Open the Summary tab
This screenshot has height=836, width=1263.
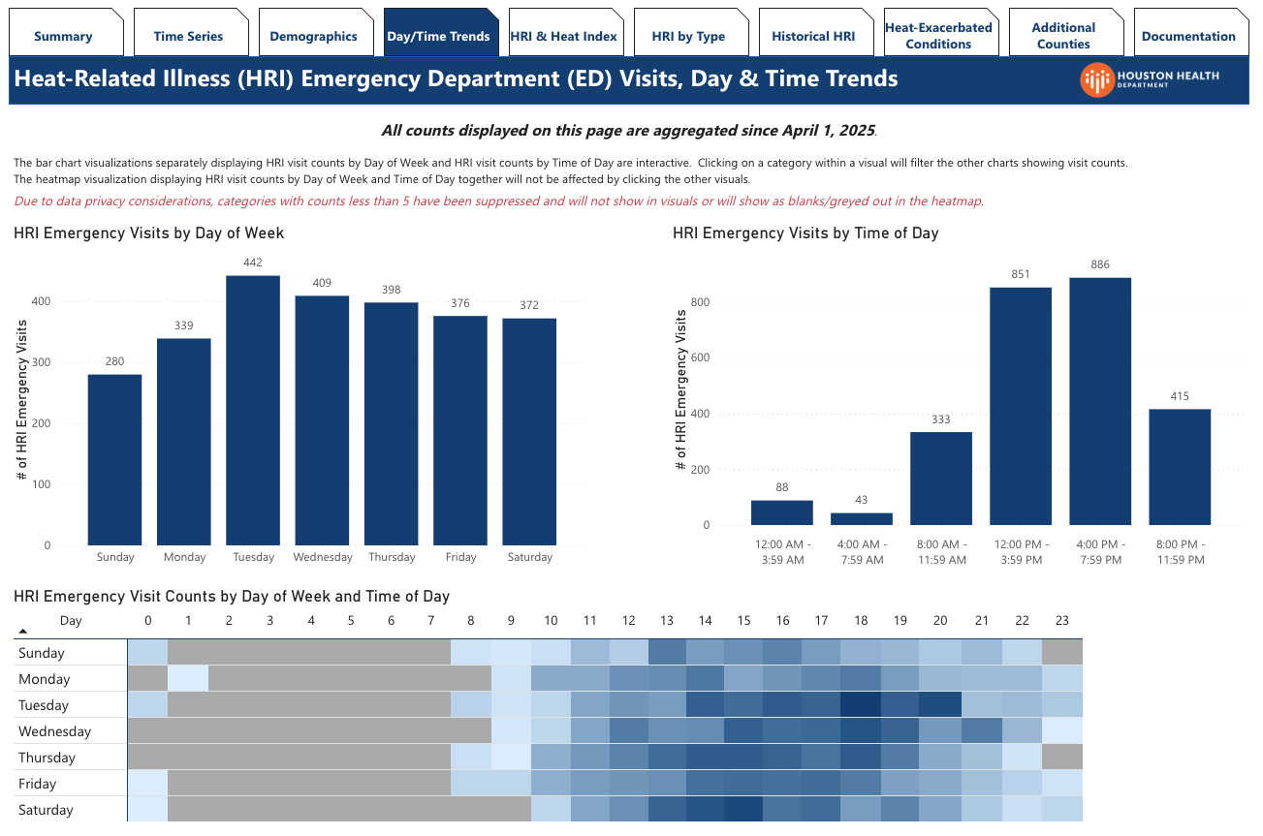click(x=64, y=36)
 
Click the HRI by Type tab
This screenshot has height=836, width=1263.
click(x=688, y=36)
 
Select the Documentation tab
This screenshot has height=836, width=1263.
click(x=1188, y=36)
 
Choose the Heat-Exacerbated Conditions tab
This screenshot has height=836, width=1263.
click(x=938, y=36)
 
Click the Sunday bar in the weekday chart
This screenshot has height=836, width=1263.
click(x=114, y=459)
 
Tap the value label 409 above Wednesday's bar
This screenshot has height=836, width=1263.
click(x=322, y=283)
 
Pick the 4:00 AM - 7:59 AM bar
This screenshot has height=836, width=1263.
click(x=862, y=519)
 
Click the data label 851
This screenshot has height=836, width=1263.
click(x=1020, y=274)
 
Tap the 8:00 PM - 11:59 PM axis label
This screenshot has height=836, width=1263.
click(x=1180, y=552)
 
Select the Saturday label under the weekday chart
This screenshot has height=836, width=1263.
click(x=529, y=557)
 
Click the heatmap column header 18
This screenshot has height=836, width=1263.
click(x=861, y=621)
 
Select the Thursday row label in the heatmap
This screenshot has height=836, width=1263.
click(x=45, y=758)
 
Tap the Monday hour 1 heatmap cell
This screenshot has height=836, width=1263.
click(x=188, y=679)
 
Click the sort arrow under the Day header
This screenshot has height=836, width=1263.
click(x=23, y=632)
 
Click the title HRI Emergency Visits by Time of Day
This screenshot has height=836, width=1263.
click(x=805, y=233)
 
